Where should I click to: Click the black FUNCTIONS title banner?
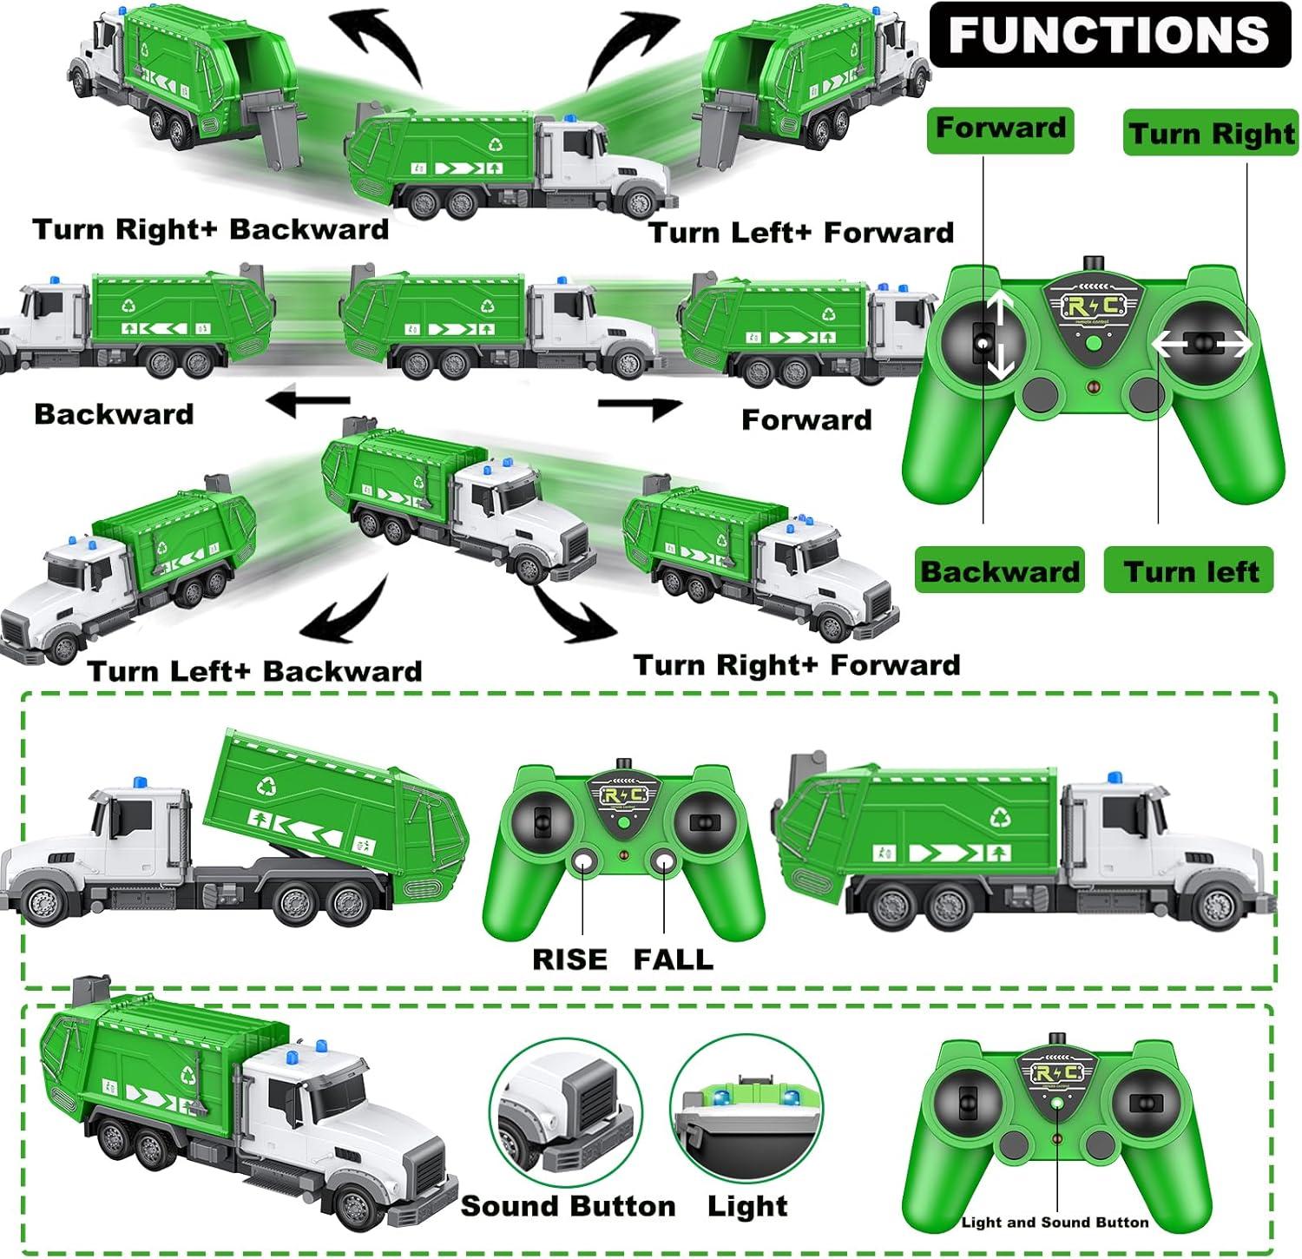1109,35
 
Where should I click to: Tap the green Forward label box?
1000,129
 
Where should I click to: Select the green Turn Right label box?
1211,134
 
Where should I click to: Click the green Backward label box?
1000,570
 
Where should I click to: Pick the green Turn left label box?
1188,570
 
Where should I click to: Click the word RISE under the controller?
569,959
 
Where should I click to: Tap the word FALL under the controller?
673,959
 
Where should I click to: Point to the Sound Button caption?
568,1206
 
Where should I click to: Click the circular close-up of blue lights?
746,1109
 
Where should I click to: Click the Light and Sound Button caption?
1055,1223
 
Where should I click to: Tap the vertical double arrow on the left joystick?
1000,335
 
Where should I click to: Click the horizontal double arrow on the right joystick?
1202,345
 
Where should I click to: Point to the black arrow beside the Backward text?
308,401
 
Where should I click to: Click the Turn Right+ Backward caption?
210,229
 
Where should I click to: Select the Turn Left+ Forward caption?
801,233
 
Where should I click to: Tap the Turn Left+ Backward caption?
254,671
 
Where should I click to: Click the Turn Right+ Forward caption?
797,665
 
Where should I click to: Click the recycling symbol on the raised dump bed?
266,787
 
